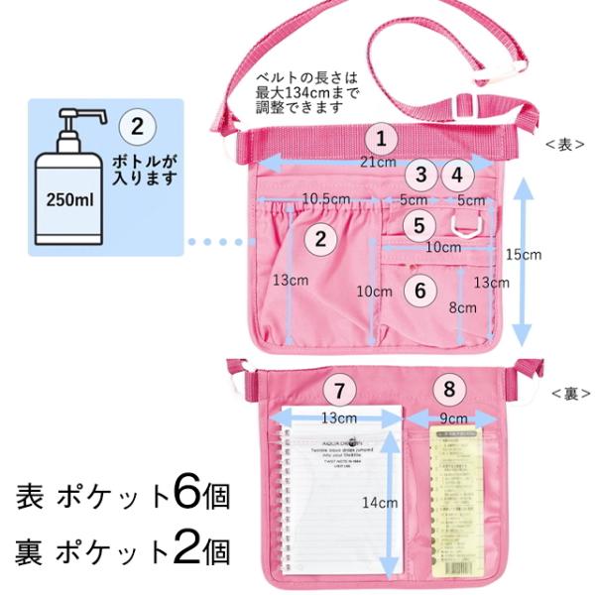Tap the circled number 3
[421, 176]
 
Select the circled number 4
[456, 176]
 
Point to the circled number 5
[419, 225]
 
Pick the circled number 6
[419, 290]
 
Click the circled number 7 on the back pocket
[339, 388]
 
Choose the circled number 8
[451, 388]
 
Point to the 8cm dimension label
[461, 307]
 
